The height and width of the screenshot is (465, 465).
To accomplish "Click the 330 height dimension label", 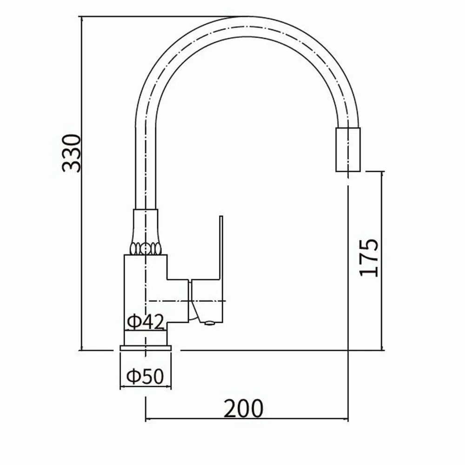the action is (72, 153).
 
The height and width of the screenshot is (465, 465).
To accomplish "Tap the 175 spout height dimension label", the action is (369, 257).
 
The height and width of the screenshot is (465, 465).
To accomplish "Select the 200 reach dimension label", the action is (243, 408).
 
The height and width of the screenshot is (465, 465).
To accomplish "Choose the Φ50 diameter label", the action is (145, 376).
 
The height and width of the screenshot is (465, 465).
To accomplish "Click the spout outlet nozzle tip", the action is (348, 150).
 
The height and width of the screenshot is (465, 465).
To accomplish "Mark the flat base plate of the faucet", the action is (146, 348).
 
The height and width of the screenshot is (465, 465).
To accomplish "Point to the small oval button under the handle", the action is (210, 323).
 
